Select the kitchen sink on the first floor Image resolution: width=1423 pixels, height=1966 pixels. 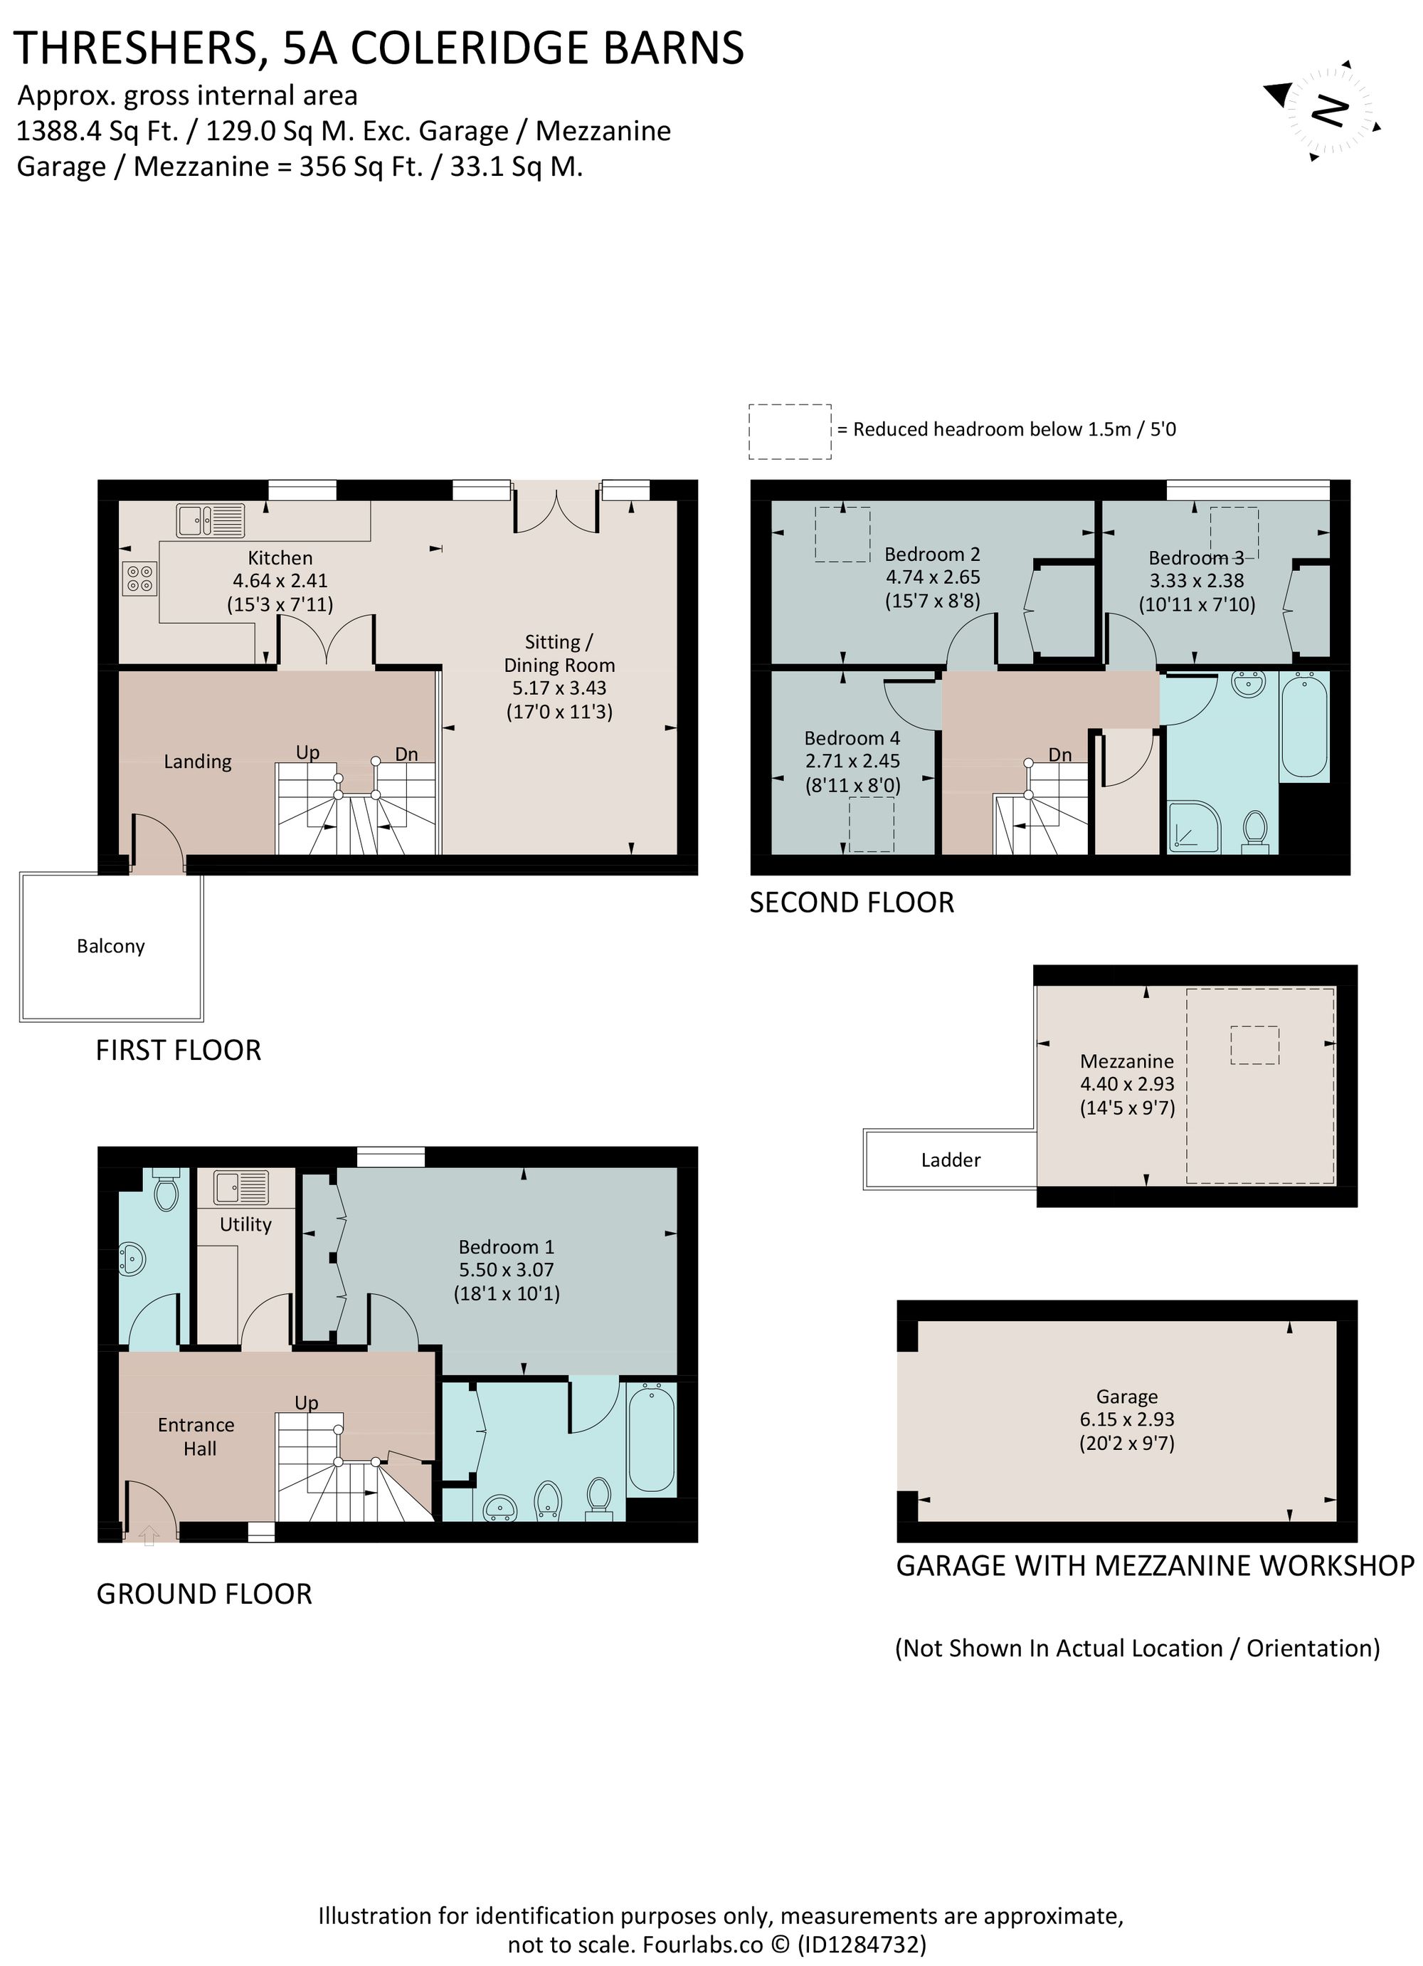211,521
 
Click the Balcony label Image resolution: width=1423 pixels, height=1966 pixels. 110,946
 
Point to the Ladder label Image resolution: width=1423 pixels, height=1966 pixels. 950,1160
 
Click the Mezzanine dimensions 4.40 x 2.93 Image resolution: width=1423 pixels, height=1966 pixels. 1126,1083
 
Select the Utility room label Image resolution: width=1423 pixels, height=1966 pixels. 245,1224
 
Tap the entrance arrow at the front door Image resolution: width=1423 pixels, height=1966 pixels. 149,1535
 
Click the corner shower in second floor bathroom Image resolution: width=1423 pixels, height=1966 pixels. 1194,825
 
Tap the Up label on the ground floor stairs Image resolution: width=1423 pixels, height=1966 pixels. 306,1402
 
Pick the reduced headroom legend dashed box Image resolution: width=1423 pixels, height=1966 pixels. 790,431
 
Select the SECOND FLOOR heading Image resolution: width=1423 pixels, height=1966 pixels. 851,903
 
